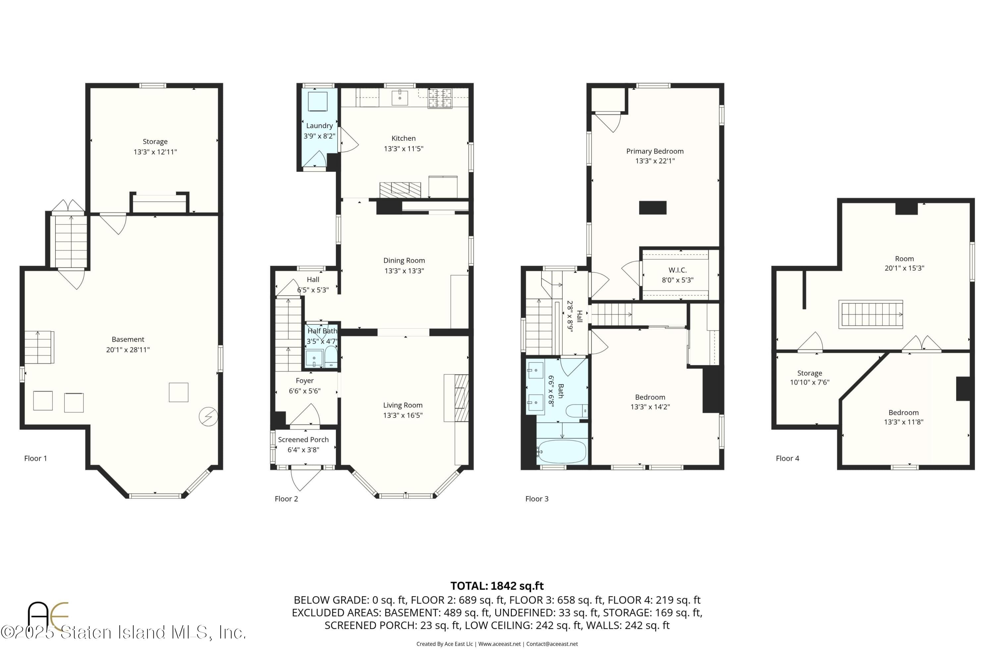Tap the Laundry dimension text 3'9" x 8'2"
319,136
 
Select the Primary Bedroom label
654,151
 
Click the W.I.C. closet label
677,270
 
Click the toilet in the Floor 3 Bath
576,410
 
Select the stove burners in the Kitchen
440,98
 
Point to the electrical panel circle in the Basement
208,417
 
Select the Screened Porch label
303,439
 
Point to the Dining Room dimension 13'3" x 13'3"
404,271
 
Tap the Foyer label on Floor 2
304,381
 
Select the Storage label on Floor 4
809,373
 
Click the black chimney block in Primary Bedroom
652,208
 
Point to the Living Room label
402,405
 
